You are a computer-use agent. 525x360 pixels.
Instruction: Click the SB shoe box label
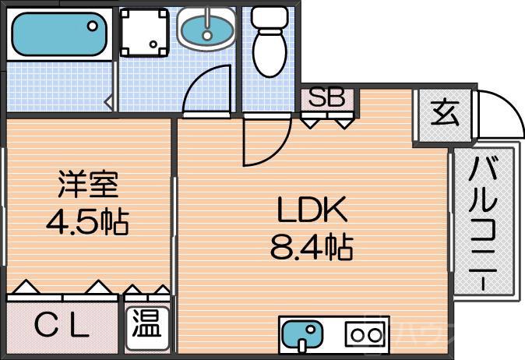point(327,99)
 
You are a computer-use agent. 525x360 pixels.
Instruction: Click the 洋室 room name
point(86,188)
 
